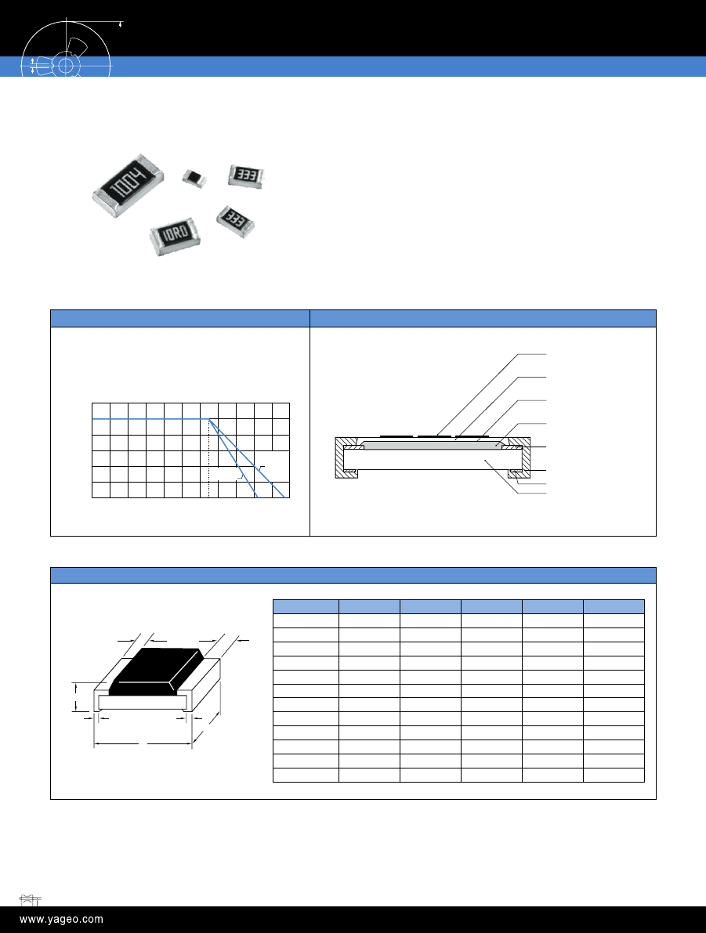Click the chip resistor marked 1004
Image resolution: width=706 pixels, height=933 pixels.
(x=128, y=184)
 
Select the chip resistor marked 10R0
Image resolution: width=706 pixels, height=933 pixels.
(x=175, y=236)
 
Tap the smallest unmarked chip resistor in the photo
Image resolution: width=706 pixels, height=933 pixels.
(x=194, y=177)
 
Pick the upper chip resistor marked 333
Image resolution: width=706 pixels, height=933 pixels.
(x=246, y=175)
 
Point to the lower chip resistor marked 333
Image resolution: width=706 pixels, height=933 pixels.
(x=235, y=222)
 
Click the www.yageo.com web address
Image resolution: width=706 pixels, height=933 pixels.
(x=61, y=920)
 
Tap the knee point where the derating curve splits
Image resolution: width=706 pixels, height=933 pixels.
(x=209, y=419)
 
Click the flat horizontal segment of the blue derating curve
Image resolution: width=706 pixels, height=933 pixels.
(x=150, y=419)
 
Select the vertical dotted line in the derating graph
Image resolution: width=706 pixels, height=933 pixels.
(x=209, y=458)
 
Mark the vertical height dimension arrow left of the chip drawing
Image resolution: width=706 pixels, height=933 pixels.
(x=76, y=696)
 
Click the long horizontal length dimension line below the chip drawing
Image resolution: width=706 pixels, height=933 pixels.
(x=143, y=743)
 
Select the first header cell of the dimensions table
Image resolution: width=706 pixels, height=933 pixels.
(x=306, y=606)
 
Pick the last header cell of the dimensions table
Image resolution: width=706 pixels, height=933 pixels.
(x=614, y=606)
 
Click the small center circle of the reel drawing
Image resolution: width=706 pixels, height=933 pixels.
(x=66, y=65)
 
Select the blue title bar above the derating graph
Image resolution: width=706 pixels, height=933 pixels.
(x=180, y=318)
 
